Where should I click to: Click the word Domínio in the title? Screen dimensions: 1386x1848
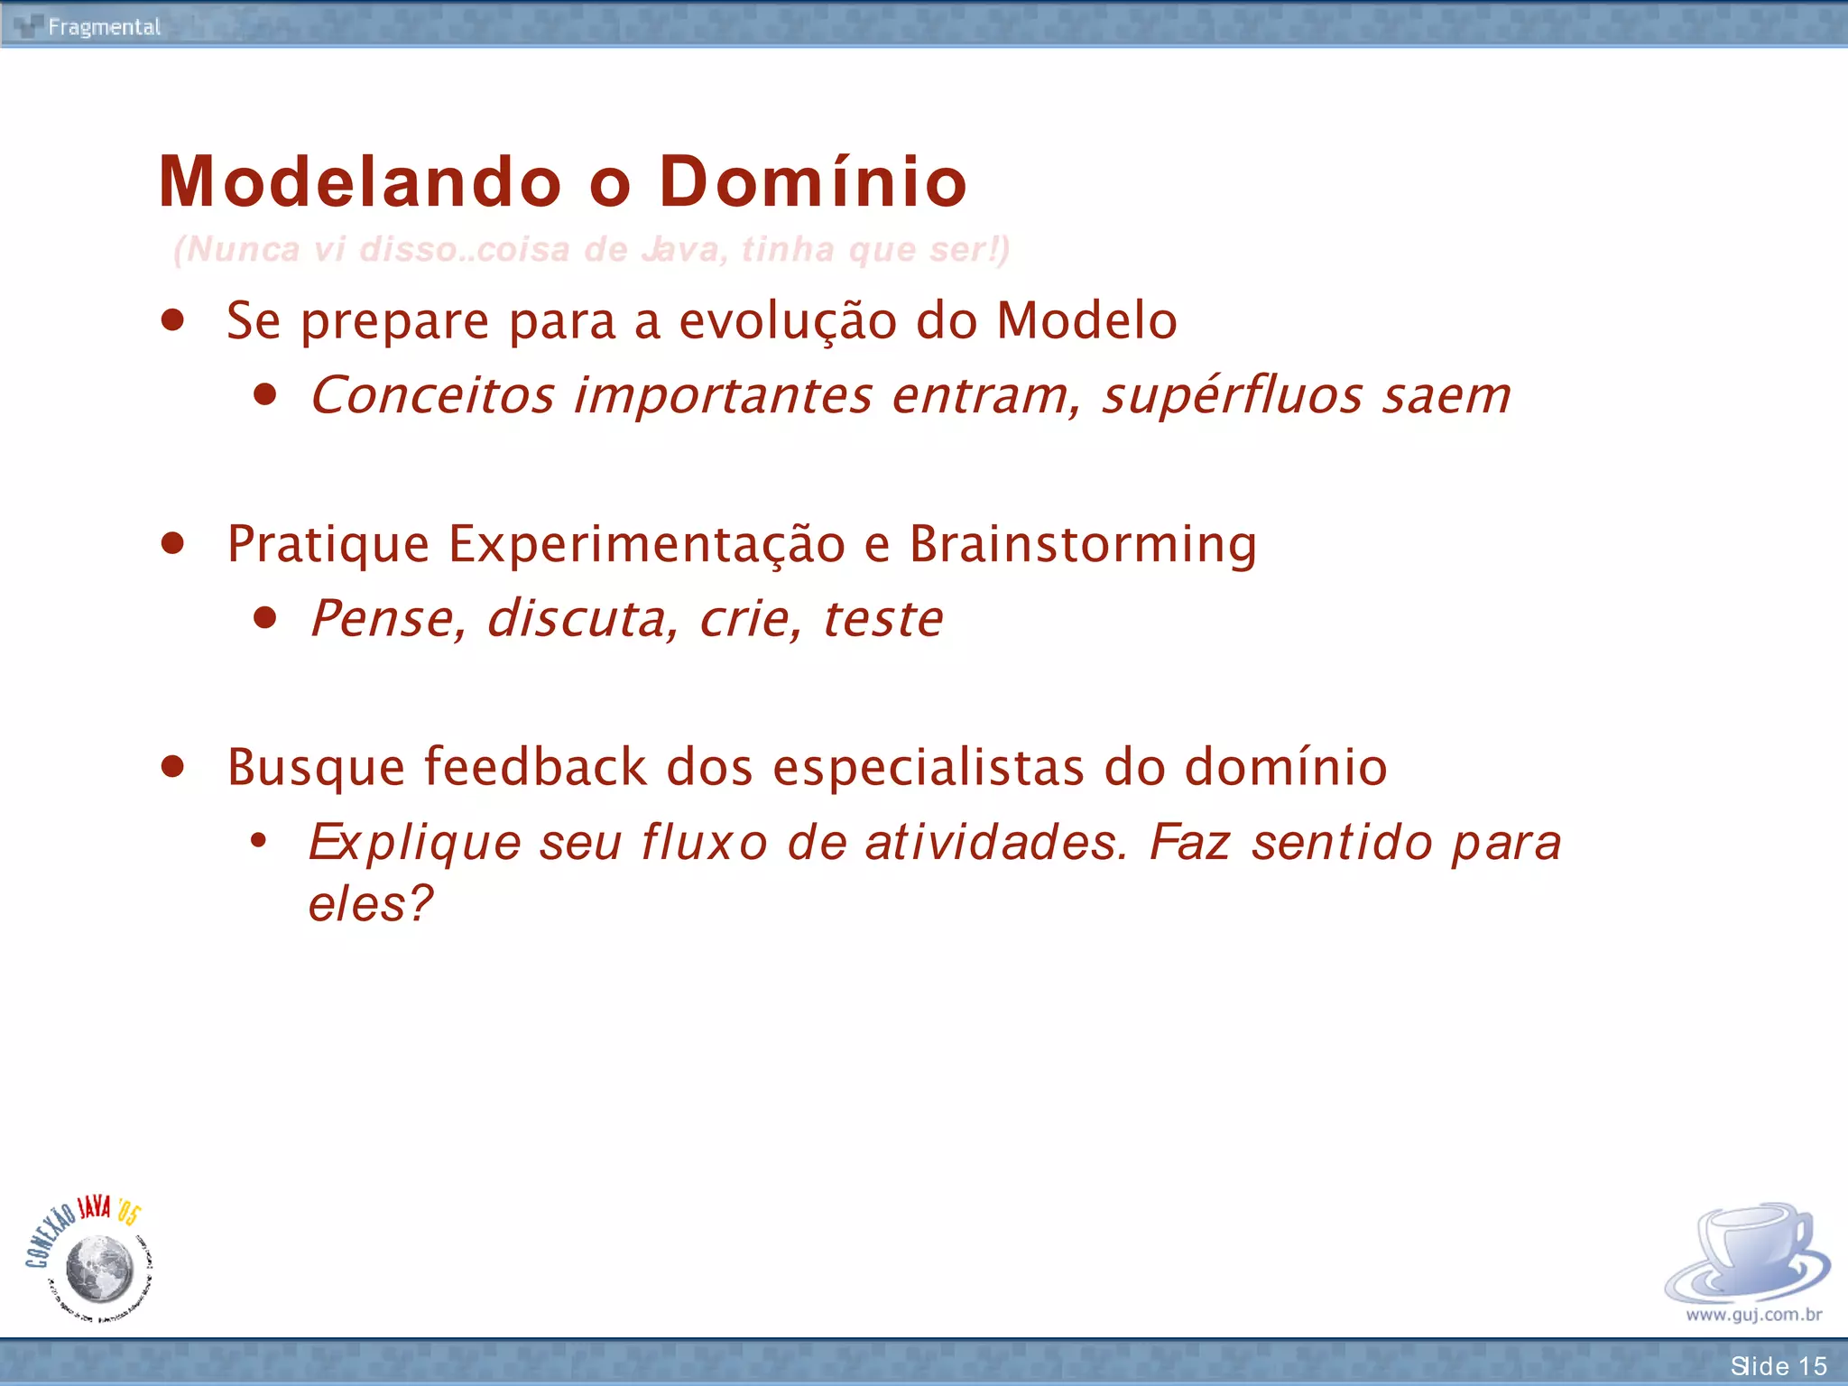point(812,181)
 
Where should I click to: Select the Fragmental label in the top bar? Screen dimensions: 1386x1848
point(104,27)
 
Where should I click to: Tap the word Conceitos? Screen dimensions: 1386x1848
point(432,396)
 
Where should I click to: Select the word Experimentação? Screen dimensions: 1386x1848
point(646,544)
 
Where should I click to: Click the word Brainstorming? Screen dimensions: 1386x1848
point(1082,544)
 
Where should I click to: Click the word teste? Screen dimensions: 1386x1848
point(882,619)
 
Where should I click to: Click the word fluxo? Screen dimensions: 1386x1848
point(704,843)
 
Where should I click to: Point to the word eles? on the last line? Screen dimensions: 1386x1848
point(370,903)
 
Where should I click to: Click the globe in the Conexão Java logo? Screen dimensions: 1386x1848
point(99,1269)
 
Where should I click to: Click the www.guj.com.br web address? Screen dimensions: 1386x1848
point(1753,1315)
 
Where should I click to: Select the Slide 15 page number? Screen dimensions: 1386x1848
point(1778,1365)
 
